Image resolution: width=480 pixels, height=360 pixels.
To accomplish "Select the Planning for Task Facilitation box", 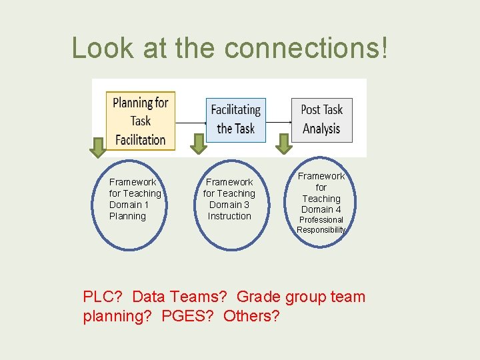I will click(140, 121).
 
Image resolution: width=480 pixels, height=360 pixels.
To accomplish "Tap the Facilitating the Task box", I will click(235, 119).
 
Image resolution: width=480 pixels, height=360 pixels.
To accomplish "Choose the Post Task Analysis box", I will click(321, 119).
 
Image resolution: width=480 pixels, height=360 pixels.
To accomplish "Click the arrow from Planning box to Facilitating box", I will click(191, 123).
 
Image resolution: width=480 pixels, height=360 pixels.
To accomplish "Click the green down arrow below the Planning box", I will click(98, 147).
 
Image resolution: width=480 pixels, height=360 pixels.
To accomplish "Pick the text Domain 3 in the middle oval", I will click(229, 205).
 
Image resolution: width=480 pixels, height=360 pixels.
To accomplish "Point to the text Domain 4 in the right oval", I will click(321, 209).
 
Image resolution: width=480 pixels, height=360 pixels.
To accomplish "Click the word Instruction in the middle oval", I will click(229, 216).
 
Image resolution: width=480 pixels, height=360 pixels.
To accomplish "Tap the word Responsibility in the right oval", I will click(321, 230).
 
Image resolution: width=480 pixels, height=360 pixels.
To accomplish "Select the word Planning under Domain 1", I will click(127, 216).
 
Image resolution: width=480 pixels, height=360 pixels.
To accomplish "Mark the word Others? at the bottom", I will click(252, 315).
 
